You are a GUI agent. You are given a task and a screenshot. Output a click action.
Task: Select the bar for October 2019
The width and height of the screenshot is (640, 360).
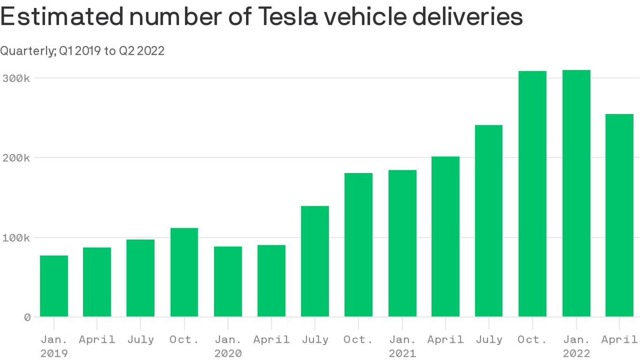[x=184, y=272]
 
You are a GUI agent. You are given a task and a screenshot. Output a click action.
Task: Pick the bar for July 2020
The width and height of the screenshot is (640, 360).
[x=315, y=261]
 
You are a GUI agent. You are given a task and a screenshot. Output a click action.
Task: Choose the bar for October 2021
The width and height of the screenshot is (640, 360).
[x=532, y=194]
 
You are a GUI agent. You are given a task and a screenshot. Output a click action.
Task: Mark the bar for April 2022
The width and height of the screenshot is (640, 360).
[x=619, y=215]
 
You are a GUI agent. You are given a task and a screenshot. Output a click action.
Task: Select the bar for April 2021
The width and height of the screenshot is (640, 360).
[x=446, y=236]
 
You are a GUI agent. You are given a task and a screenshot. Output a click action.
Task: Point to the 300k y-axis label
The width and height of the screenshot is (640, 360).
[x=15, y=78]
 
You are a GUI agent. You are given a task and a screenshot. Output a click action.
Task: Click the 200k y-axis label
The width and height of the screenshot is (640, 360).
[x=15, y=158]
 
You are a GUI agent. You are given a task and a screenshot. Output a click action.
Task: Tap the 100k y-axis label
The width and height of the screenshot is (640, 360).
[x=15, y=238]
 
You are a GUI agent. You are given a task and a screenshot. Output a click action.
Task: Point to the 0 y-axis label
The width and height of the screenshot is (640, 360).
[x=27, y=317]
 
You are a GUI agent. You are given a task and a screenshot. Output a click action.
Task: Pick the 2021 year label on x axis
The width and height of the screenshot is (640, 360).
[x=402, y=353]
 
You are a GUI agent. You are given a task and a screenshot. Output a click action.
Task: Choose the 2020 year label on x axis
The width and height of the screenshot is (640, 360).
[x=228, y=353]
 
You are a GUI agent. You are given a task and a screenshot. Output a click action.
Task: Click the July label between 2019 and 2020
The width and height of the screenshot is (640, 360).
[x=141, y=339]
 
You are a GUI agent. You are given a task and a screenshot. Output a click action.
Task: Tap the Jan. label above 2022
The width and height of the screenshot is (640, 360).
[x=576, y=339]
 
